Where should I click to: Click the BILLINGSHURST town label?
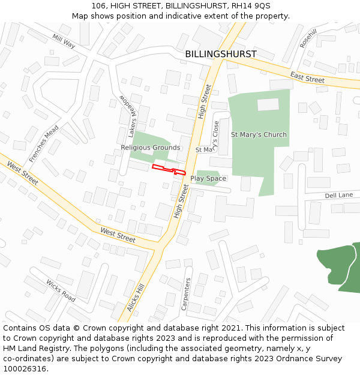coord(220,54)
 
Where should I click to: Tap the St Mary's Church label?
coord(259,134)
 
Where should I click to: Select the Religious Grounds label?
coord(150,148)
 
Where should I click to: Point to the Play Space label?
coord(208,178)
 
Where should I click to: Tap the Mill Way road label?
coord(64,41)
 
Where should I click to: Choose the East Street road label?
coord(307,77)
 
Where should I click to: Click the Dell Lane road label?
coord(338,196)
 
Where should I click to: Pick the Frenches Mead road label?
coord(44,144)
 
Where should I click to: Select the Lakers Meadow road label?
coord(130,116)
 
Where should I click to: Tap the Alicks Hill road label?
coord(136,298)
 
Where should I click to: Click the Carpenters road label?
coord(186,293)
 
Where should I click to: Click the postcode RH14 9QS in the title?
coord(248,6)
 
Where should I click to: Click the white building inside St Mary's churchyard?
coord(268,104)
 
